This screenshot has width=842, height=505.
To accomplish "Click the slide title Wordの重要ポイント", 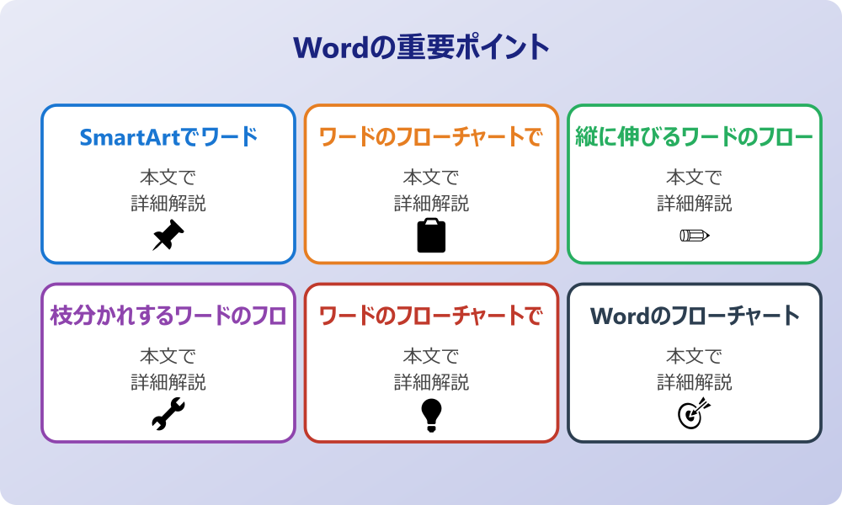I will tap(421, 47).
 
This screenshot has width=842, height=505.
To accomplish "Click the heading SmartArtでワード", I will tap(168, 137).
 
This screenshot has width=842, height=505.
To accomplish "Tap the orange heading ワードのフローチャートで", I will tap(431, 137).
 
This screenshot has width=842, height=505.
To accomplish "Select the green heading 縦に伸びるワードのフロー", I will tap(695, 137).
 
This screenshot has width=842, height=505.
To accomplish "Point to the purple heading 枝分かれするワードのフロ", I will tap(168, 316).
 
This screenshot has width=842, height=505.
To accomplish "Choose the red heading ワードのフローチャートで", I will tap(431, 316).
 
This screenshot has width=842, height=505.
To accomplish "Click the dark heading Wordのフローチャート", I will tap(695, 316).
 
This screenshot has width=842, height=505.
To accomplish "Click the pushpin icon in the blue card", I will tap(168, 236).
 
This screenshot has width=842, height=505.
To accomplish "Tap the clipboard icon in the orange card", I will tap(431, 236).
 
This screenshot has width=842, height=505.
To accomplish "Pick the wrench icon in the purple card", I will tap(168, 415).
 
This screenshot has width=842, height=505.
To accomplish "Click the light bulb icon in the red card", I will tap(431, 415).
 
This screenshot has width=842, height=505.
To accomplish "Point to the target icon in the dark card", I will tap(695, 415).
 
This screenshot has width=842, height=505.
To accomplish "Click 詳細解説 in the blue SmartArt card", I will tap(168, 203).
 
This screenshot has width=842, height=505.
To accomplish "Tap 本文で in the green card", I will tap(695, 178).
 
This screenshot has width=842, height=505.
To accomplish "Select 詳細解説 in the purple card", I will tap(168, 382).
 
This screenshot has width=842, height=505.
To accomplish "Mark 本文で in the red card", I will tap(431, 357).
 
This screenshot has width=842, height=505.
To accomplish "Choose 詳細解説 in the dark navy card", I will tap(695, 382).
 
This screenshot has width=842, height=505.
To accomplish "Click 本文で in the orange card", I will tap(431, 178).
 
